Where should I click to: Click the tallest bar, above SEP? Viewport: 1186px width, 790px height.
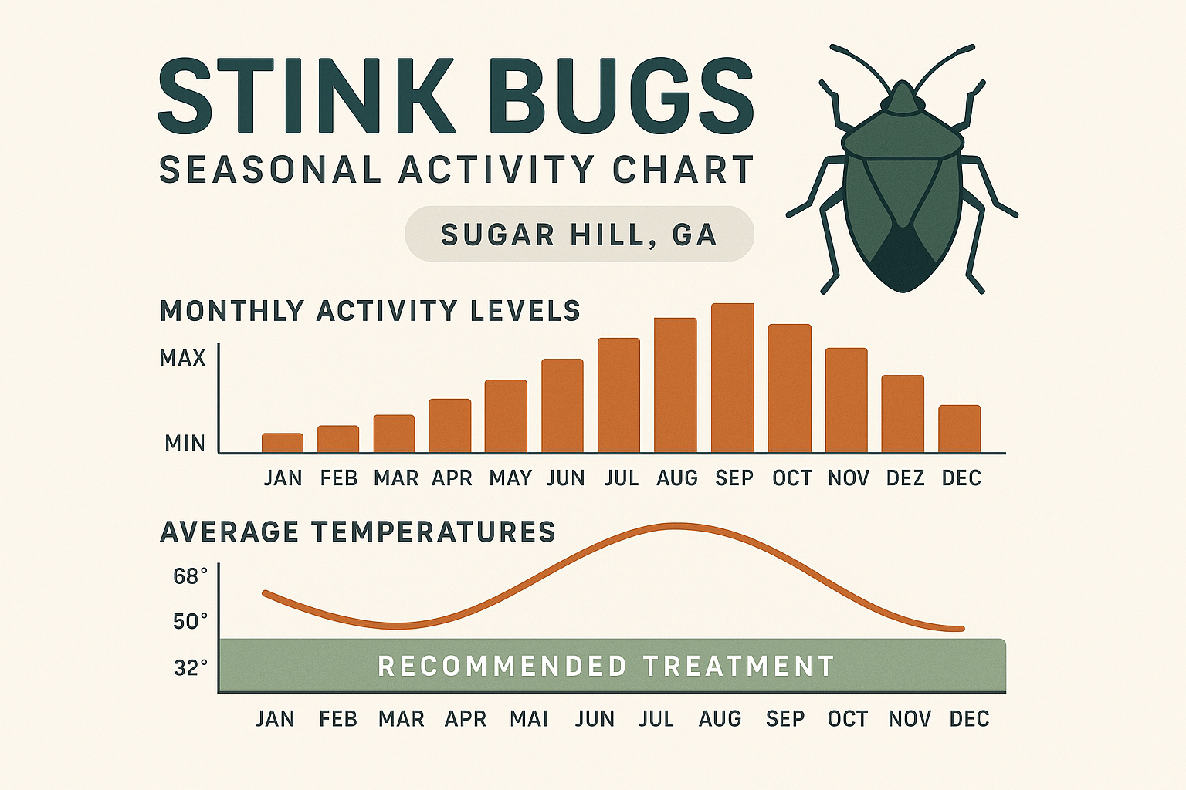click(732, 378)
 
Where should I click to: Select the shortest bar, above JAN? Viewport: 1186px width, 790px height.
click(283, 443)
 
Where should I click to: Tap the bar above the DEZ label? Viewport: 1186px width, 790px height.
click(903, 414)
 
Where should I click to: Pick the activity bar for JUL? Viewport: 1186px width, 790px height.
click(618, 395)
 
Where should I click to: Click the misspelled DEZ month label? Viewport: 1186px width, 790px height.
click(905, 478)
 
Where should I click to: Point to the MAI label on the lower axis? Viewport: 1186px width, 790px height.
click(529, 719)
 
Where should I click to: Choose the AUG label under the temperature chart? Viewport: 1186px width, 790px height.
click(720, 719)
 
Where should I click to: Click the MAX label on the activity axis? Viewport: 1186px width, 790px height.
click(183, 358)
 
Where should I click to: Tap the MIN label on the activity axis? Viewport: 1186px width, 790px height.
click(185, 444)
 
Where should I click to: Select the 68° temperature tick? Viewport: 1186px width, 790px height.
click(191, 576)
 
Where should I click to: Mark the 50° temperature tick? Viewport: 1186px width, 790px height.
click(191, 621)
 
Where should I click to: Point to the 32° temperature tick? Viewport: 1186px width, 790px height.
click(191, 667)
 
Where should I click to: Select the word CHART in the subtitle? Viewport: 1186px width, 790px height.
click(683, 170)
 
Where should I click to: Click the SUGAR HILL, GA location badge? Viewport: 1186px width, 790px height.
click(579, 235)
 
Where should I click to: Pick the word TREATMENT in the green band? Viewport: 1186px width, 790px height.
click(739, 666)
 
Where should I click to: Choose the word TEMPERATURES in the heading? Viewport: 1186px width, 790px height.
click(434, 532)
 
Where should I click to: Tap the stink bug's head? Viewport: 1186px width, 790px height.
click(903, 100)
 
